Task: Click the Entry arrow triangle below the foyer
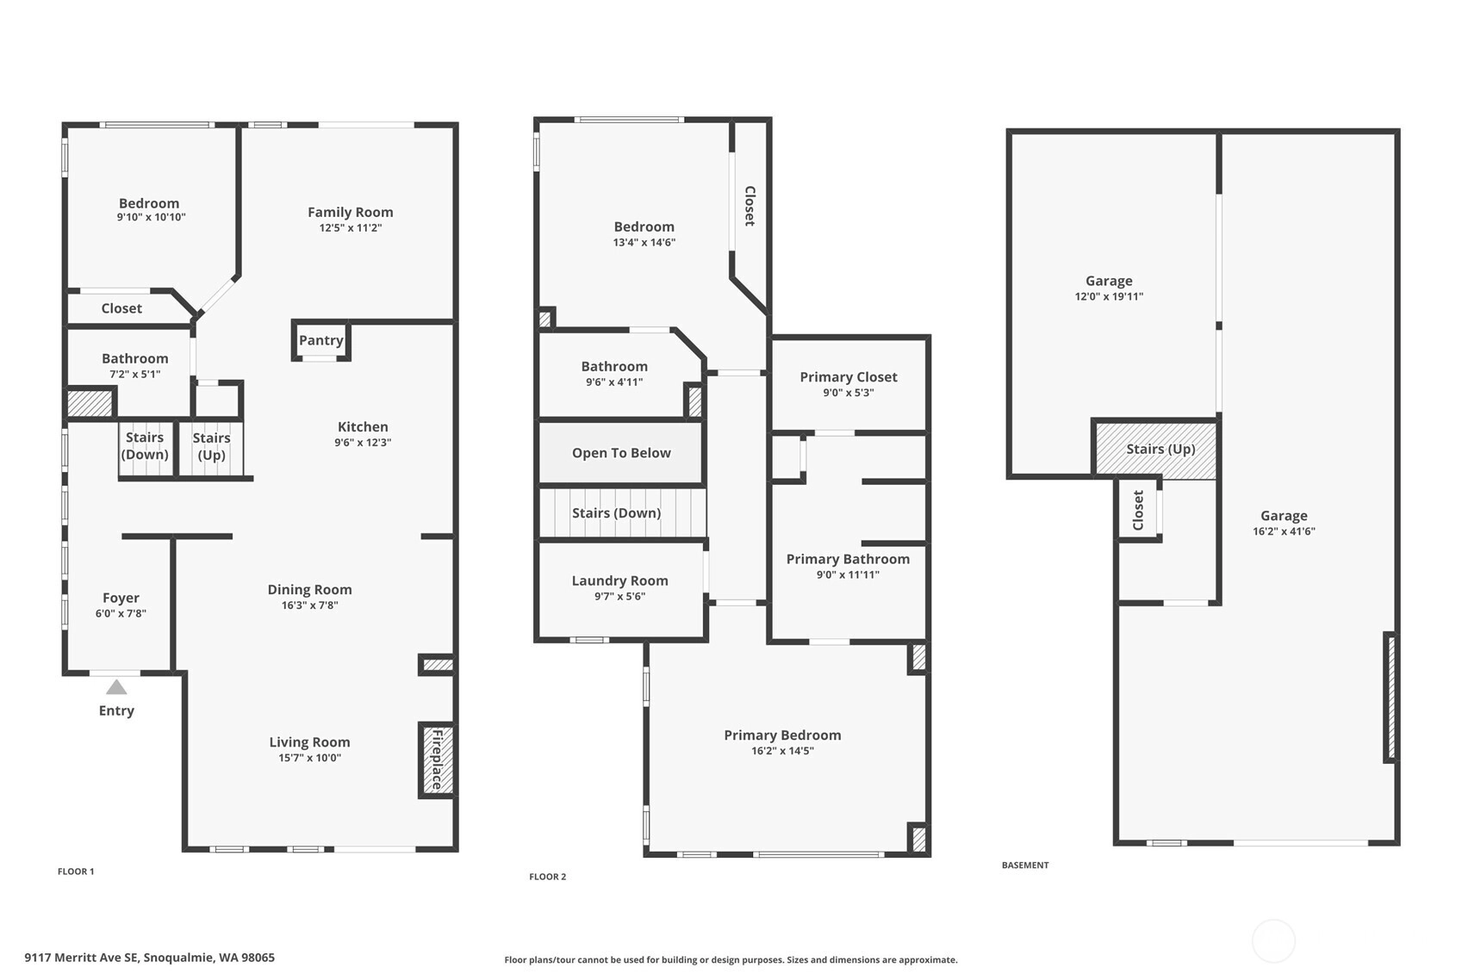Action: pyautogui.click(x=116, y=687)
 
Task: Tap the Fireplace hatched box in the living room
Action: pyautogui.click(x=438, y=760)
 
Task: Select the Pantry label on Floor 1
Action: pyautogui.click(x=321, y=340)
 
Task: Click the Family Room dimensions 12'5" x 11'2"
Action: pyautogui.click(x=351, y=227)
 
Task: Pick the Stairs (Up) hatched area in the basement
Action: pyautogui.click(x=1155, y=450)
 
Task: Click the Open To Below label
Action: pyautogui.click(x=621, y=453)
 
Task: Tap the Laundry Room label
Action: pyautogui.click(x=620, y=580)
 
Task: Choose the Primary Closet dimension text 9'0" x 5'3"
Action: pyautogui.click(x=849, y=393)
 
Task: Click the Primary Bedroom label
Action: pyautogui.click(x=782, y=735)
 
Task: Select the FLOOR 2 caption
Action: pyautogui.click(x=548, y=877)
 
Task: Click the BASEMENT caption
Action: pyautogui.click(x=1025, y=865)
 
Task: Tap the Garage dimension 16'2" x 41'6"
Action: pyautogui.click(x=1284, y=531)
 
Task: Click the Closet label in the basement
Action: pyautogui.click(x=1138, y=510)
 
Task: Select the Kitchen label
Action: pyautogui.click(x=363, y=426)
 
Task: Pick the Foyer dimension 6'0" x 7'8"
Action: pyautogui.click(x=121, y=613)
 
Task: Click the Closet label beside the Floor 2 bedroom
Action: pyautogui.click(x=750, y=206)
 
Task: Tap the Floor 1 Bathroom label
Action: pyautogui.click(x=135, y=358)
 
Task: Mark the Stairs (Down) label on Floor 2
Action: pyautogui.click(x=617, y=512)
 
